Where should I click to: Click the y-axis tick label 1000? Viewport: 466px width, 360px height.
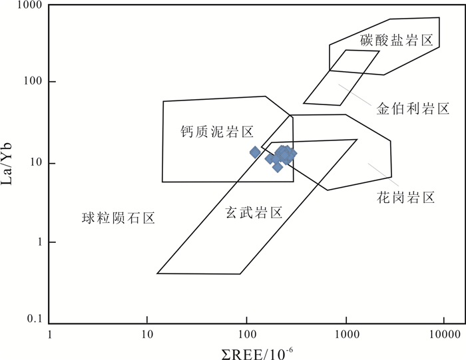(x=26, y=6)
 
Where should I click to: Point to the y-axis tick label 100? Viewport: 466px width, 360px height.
(x=29, y=82)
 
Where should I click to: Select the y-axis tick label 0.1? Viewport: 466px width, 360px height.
(x=30, y=320)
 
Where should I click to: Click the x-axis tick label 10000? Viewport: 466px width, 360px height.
(x=442, y=334)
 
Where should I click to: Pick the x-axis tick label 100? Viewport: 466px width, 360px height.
(x=246, y=334)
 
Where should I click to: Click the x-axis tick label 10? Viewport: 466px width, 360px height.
(x=148, y=334)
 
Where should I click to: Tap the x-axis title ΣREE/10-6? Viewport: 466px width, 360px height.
(x=247, y=350)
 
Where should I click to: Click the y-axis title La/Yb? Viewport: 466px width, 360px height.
(x=9, y=163)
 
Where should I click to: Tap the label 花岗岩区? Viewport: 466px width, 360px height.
(x=405, y=198)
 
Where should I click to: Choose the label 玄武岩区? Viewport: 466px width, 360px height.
(x=253, y=212)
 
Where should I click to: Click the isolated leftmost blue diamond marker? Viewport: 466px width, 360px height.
(x=254, y=152)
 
